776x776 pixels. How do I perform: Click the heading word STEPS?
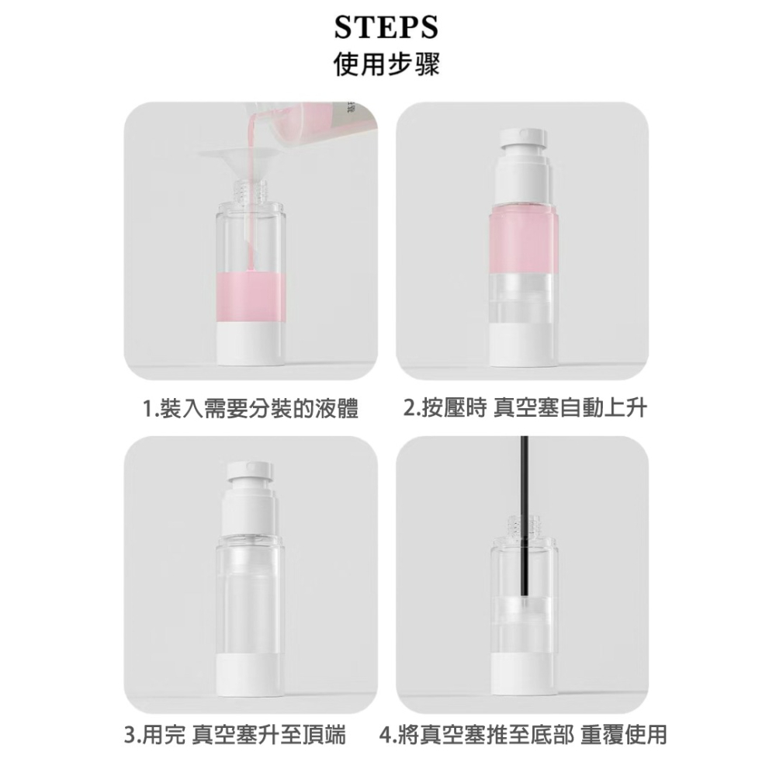coord(386,27)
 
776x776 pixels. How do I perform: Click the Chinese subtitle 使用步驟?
coord(386,64)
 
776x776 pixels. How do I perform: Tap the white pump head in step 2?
coord(522,151)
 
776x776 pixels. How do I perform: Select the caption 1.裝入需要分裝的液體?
coord(251,407)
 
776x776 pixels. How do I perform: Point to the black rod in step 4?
coord(525,481)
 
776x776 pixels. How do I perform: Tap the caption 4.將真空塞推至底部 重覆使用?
coord(524,734)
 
